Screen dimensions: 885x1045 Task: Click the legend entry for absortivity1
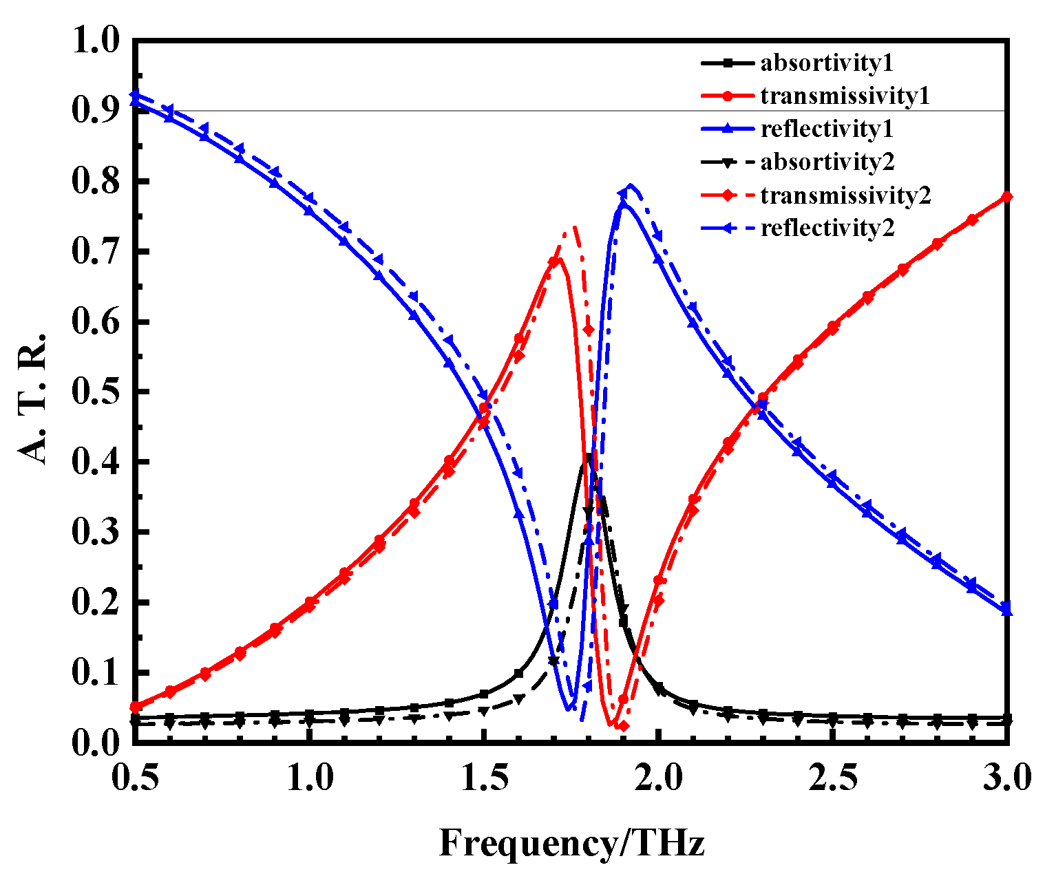826,63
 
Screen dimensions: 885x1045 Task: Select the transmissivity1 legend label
845,96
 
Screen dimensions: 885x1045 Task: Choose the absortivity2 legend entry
827,162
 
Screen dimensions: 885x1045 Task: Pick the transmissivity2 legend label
845,195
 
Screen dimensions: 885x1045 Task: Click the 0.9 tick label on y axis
94,111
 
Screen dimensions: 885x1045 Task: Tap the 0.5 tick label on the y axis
94,392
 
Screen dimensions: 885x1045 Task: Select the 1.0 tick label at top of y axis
94,41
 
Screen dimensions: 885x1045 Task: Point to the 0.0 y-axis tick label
94,742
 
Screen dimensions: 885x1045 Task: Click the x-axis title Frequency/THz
572,842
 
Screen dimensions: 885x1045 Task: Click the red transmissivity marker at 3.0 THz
1007,197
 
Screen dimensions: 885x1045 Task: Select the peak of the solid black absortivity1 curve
589,456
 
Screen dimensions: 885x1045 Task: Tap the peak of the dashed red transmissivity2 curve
573,226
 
